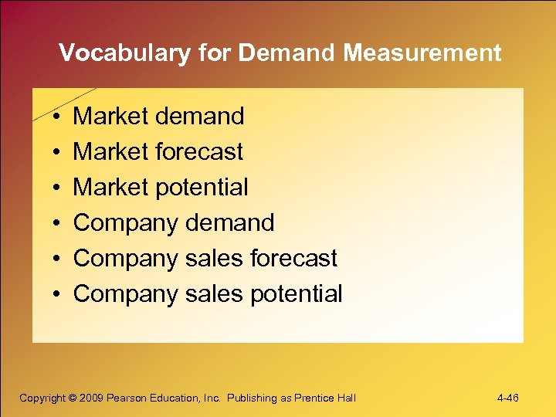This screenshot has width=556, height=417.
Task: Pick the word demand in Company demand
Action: [x=229, y=222]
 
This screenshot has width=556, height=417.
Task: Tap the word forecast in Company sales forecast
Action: [x=293, y=258]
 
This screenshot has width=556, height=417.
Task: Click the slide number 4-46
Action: [x=508, y=398]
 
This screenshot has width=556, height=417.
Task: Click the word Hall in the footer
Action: [x=346, y=398]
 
